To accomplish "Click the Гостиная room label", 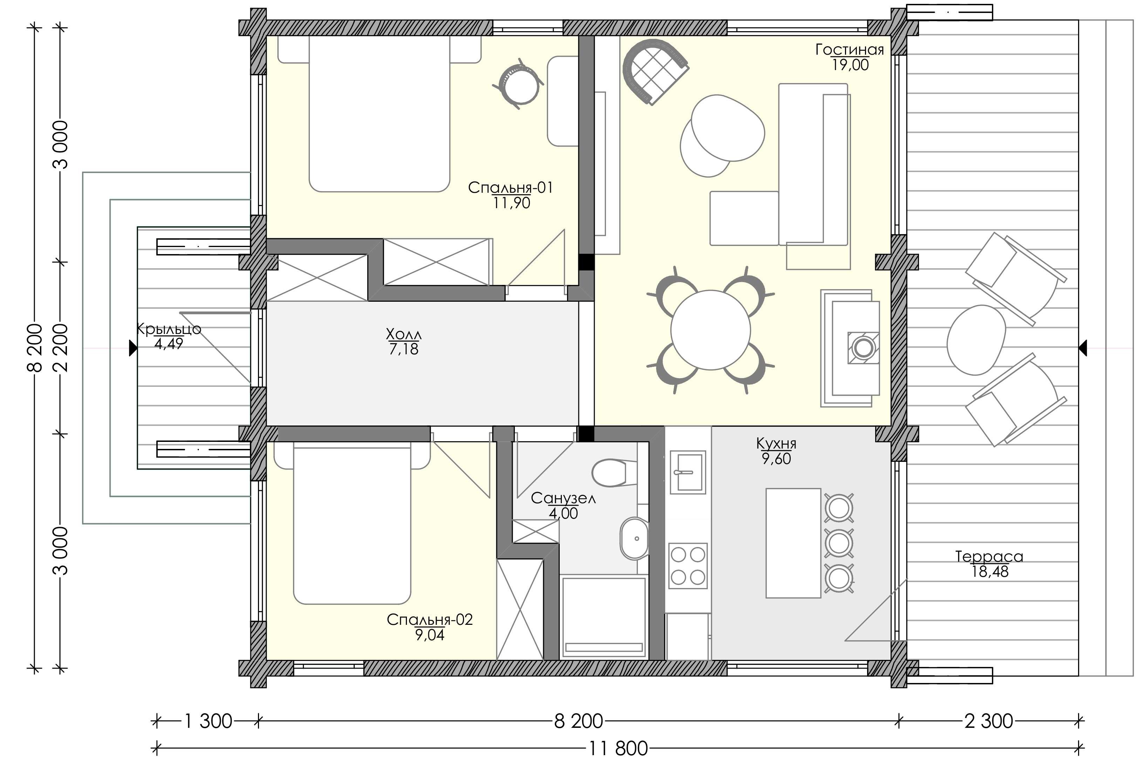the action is point(849,49).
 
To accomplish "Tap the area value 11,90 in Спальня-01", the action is point(511,203).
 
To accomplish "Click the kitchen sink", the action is point(688,472).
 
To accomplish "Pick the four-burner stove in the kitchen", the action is point(688,566).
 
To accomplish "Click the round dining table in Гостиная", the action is point(710,330).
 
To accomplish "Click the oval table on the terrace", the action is point(976,340).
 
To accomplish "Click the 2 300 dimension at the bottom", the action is point(989,721).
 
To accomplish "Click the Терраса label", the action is point(989,556).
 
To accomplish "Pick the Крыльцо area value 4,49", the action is point(169,344).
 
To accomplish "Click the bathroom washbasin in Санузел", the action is point(635,539).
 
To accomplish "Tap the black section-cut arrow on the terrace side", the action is point(1083,348).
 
